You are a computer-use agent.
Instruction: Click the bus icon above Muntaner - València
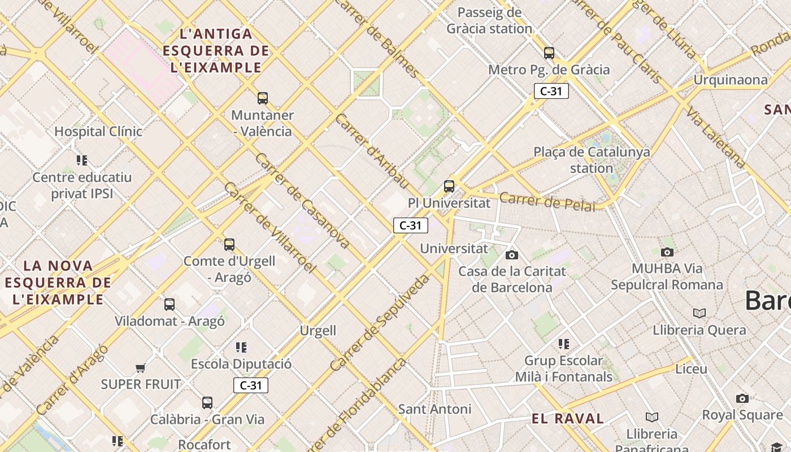coord(263,98)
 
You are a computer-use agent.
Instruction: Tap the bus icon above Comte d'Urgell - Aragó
coord(229,245)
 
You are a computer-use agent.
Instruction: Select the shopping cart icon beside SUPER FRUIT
coord(140,368)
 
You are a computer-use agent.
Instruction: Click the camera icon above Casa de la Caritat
coord(512,255)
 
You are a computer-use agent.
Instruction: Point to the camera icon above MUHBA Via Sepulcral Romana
coord(667,252)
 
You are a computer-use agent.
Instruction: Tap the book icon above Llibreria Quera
coord(699,313)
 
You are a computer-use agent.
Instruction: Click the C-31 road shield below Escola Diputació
coord(251,385)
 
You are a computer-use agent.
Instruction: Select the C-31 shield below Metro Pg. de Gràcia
coord(551,91)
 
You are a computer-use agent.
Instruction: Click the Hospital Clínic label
coord(98,132)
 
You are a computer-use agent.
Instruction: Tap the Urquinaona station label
coord(731,80)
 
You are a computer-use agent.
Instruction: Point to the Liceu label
coord(691,369)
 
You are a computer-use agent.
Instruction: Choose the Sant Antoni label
coord(434,409)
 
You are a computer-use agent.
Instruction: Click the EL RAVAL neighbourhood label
coord(568,419)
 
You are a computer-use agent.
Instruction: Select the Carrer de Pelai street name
coord(547,202)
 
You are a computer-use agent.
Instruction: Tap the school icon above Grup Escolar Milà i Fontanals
coord(563,344)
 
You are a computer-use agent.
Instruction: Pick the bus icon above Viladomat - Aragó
coord(169,305)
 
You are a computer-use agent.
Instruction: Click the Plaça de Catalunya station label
coord(592,160)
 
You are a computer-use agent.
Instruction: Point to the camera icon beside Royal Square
coord(742,399)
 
